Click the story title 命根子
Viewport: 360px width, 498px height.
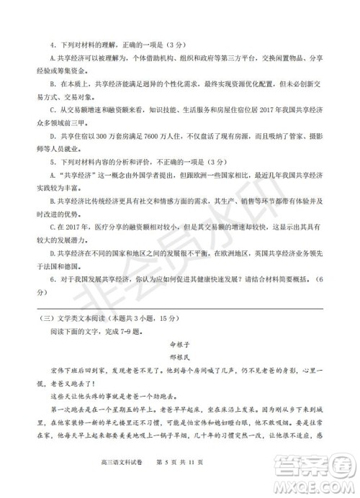click(x=179, y=344)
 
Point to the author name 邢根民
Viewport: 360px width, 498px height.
click(x=179, y=358)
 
